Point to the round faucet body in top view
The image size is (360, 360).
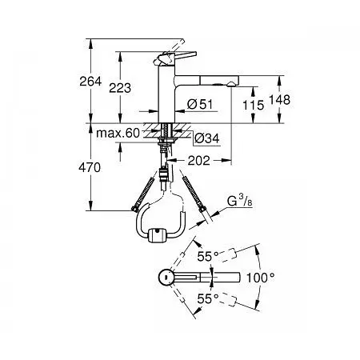click(x=163, y=278)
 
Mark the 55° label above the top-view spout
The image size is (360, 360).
click(x=206, y=256)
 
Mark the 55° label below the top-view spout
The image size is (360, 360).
click(x=206, y=298)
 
